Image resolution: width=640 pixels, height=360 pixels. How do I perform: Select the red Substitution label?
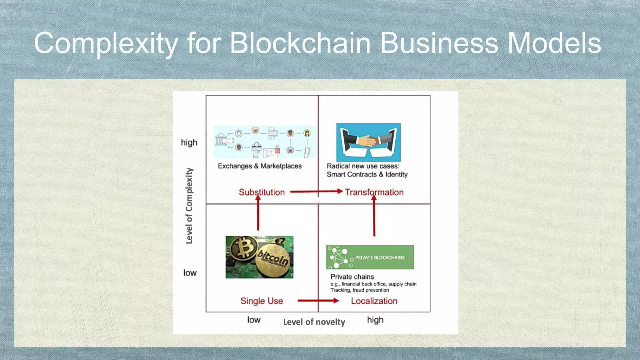[x=262, y=192]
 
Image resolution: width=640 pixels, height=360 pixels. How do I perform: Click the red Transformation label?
[x=374, y=192]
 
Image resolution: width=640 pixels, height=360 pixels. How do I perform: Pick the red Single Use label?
[x=262, y=301]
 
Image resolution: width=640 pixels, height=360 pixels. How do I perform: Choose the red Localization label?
[x=374, y=301]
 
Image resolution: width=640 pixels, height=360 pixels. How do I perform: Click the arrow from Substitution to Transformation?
[x=316, y=191]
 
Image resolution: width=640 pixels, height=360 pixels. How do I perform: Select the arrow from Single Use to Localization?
[x=318, y=301]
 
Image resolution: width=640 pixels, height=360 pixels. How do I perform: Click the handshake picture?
[x=368, y=142]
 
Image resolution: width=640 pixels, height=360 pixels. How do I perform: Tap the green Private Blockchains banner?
[x=370, y=257]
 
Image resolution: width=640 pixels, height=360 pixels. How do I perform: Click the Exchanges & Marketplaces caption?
[x=260, y=166]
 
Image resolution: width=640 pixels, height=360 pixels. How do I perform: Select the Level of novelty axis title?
[x=314, y=322]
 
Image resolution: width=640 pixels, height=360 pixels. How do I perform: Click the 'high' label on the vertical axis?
[x=189, y=142]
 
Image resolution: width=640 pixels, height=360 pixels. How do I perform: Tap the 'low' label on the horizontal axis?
[x=254, y=320]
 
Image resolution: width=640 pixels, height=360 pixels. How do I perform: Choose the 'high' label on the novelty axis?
[x=375, y=320]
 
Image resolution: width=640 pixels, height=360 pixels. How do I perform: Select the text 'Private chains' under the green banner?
[x=352, y=277]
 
